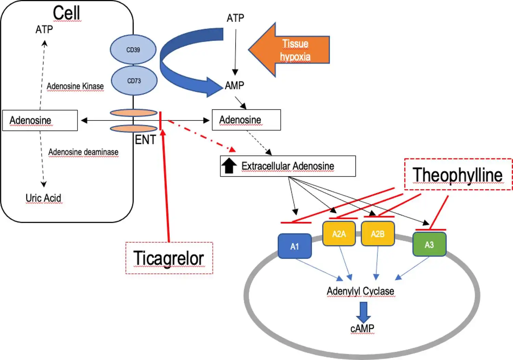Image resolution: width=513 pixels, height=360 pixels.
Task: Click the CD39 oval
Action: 133,50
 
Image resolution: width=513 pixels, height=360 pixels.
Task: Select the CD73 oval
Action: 134,81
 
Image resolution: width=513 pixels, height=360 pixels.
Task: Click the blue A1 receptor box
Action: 294,246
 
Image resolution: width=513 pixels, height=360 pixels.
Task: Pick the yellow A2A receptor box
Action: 339,234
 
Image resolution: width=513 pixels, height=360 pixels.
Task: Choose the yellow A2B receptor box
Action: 378,234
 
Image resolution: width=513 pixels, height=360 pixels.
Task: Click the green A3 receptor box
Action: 429,244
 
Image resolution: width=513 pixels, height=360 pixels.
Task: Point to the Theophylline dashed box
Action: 458,174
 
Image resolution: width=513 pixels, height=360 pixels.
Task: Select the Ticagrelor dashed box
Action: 169,258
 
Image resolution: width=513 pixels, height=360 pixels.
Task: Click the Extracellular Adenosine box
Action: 288,166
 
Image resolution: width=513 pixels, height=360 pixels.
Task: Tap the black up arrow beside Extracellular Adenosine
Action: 229,166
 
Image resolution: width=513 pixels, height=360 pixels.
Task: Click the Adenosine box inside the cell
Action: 40,120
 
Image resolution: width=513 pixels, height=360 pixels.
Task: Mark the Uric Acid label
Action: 43,198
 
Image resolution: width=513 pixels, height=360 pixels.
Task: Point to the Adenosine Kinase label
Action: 75,86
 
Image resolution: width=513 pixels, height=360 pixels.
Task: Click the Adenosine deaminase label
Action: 83,152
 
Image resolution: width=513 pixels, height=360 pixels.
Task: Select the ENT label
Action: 145,140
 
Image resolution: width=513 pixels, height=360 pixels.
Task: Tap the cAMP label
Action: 362,329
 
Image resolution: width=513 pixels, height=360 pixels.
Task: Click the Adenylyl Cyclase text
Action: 360,291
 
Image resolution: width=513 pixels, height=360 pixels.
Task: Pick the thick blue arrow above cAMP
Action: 363,312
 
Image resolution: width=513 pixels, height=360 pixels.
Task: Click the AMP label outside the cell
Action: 235,85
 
